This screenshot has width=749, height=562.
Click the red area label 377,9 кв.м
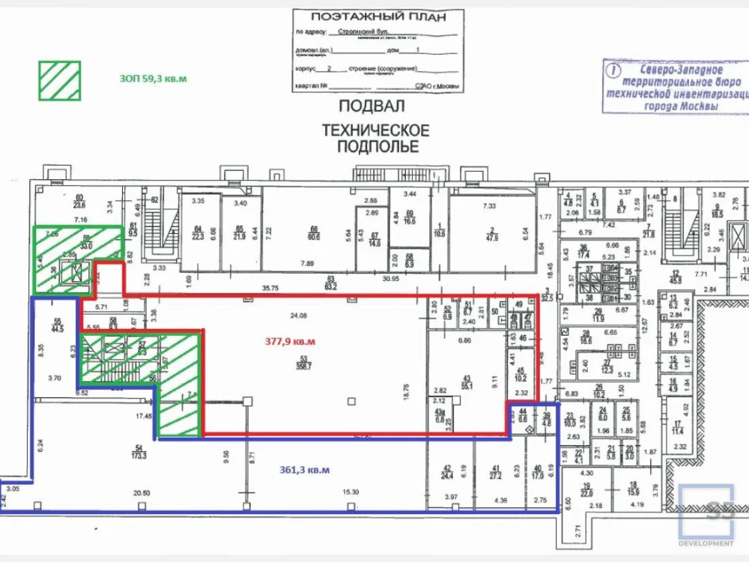click(x=290, y=342)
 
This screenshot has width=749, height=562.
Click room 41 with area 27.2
click(x=494, y=471)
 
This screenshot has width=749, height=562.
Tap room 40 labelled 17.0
click(x=538, y=471)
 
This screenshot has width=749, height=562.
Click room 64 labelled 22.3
click(x=198, y=233)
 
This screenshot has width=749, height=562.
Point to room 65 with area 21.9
click(x=240, y=233)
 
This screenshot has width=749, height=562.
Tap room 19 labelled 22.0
click(x=586, y=490)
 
